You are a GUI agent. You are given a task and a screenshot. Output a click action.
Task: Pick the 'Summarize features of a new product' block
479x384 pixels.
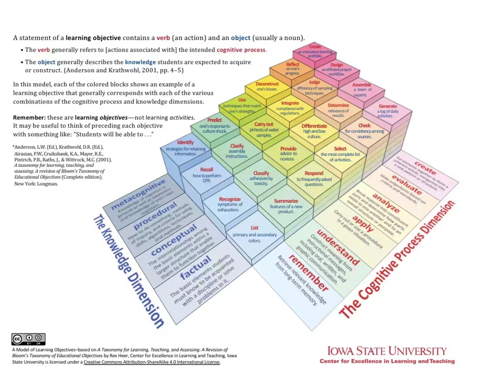286,206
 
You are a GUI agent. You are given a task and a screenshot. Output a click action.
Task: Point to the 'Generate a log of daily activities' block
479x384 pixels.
388,111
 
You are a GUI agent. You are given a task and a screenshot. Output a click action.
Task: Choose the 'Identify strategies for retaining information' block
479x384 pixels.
185,148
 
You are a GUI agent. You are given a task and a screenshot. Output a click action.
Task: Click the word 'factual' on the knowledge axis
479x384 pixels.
196,268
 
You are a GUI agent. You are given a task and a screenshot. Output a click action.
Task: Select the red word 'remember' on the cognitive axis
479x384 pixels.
308,273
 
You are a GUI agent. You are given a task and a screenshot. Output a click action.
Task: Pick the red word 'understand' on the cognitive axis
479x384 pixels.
338,247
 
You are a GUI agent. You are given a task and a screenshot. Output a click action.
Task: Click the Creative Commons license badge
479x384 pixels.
28,339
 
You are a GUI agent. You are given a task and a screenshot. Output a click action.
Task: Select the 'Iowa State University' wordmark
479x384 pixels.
387,351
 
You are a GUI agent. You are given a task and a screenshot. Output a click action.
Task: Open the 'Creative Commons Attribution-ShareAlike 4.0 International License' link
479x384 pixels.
152,362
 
